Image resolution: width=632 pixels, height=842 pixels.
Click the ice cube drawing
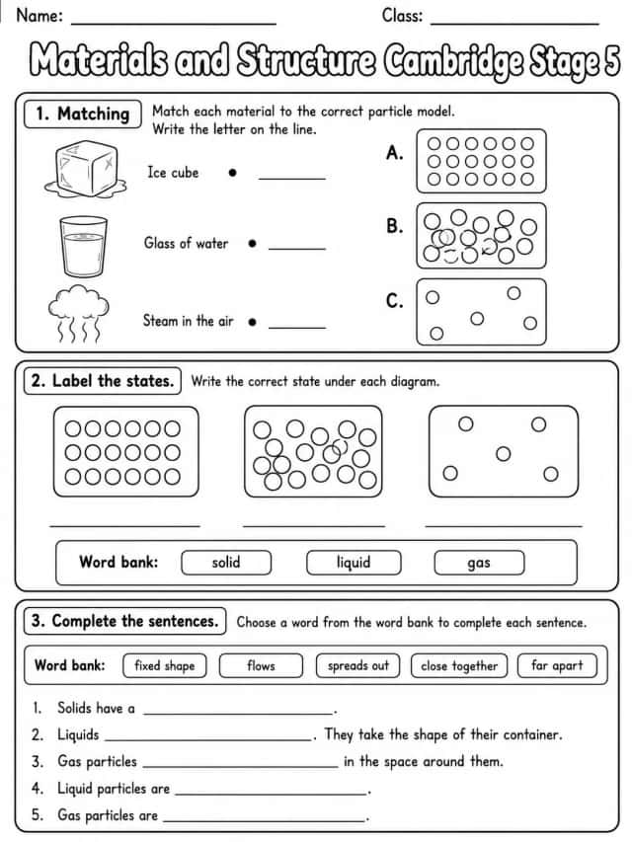pyautogui.click(x=86, y=169)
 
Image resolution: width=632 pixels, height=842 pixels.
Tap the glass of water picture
pyautogui.click(x=83, y=247)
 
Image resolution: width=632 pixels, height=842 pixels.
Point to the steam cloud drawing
pyautogui.click(x=79, y=314)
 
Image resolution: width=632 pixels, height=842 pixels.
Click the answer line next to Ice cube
pyautogui.click(x=292, y=178)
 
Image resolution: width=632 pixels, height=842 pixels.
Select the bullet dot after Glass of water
pyautogui.click(x=252, y=243)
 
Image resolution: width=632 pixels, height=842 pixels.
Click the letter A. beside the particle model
pyautogui.click(x=395, y=153)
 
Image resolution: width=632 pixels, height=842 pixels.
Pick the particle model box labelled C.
pyautogui.click(x=481, y=312)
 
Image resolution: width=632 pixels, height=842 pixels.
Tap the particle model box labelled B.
pyautogui.click(x=481, y=236)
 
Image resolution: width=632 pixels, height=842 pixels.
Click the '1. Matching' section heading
pyautogui.click(x=83, y=114)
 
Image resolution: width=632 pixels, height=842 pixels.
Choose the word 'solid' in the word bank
pyautogui.click(x=226, y=563)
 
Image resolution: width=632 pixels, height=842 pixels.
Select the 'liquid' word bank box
pyautogui.click(x=354, y=563)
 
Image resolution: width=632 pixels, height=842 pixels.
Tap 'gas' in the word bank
pyautogui.click(x=479, y=563)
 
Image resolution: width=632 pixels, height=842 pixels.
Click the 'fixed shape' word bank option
pyautogui.click(x=165, y=666)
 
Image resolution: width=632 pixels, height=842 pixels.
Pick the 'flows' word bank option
pyautogui.click(x=261, y=666)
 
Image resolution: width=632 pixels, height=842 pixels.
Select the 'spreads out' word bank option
pyautogui.click(x=357, y=666)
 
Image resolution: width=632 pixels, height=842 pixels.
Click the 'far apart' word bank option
pyautogui.click(x=557, y=666)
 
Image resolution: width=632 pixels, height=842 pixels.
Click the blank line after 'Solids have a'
pyautogui.click(x=239, y=714)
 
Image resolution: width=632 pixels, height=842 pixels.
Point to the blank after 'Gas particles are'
pyautogui.click(x=265, y=820)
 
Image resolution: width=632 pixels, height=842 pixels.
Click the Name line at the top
pyautogui.click(x=174, y=24)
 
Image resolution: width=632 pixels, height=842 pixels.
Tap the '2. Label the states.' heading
pyautogui.click(x=103, y=381)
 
